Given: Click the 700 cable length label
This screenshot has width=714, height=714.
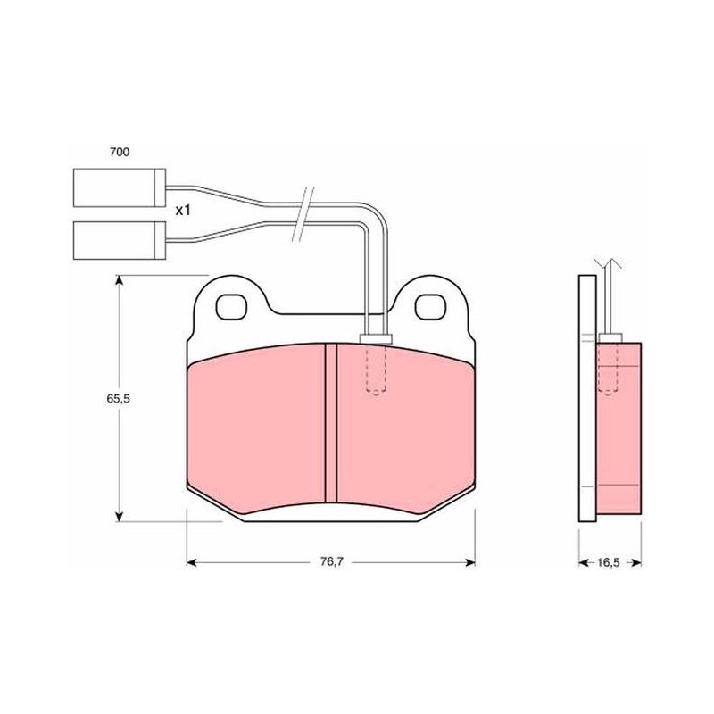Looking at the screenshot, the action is click(120, 152).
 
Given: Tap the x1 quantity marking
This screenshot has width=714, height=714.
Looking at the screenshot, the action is click(183, 211).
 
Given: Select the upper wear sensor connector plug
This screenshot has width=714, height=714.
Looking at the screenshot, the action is click(120, 187).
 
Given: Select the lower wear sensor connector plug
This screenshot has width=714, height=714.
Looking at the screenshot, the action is click(120, 240).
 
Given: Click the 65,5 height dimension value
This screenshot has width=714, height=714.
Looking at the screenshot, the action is click(119, 398).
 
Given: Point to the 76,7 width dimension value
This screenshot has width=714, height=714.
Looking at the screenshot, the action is click(331, 562).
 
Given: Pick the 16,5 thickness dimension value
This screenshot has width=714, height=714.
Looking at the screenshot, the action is click(609, 562).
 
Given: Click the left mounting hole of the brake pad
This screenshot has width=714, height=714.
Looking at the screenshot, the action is click(231, 307).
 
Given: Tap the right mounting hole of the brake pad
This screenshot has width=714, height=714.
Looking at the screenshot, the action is click(430, 307).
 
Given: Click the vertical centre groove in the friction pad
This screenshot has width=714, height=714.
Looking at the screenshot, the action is click(331, 423).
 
